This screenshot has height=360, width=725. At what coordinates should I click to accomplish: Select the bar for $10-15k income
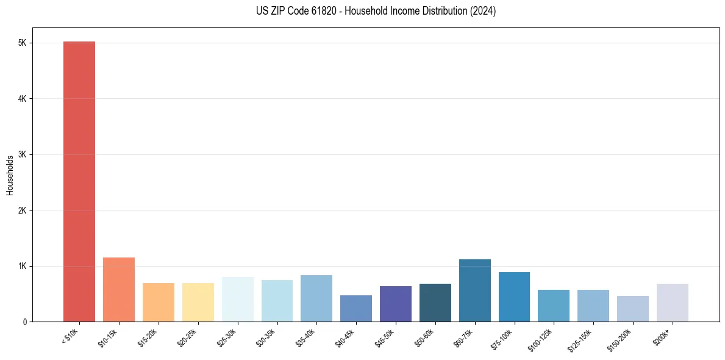[119, 290]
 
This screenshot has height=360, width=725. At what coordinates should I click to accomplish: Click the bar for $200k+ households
[672, 303]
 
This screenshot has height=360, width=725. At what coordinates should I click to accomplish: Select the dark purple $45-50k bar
[396, 304]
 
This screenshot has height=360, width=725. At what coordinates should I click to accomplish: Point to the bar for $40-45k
[356, 309]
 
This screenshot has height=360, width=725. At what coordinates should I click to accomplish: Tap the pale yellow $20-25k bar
[198, 303]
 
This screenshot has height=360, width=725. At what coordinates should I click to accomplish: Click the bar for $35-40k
[316, 298]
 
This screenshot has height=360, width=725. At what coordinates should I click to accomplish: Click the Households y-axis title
[10, 175]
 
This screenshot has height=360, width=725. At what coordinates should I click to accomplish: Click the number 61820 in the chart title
[310, 11]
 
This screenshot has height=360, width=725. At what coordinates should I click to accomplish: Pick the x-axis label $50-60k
[424, 337]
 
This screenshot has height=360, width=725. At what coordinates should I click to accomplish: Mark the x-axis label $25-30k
[227, 337]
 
